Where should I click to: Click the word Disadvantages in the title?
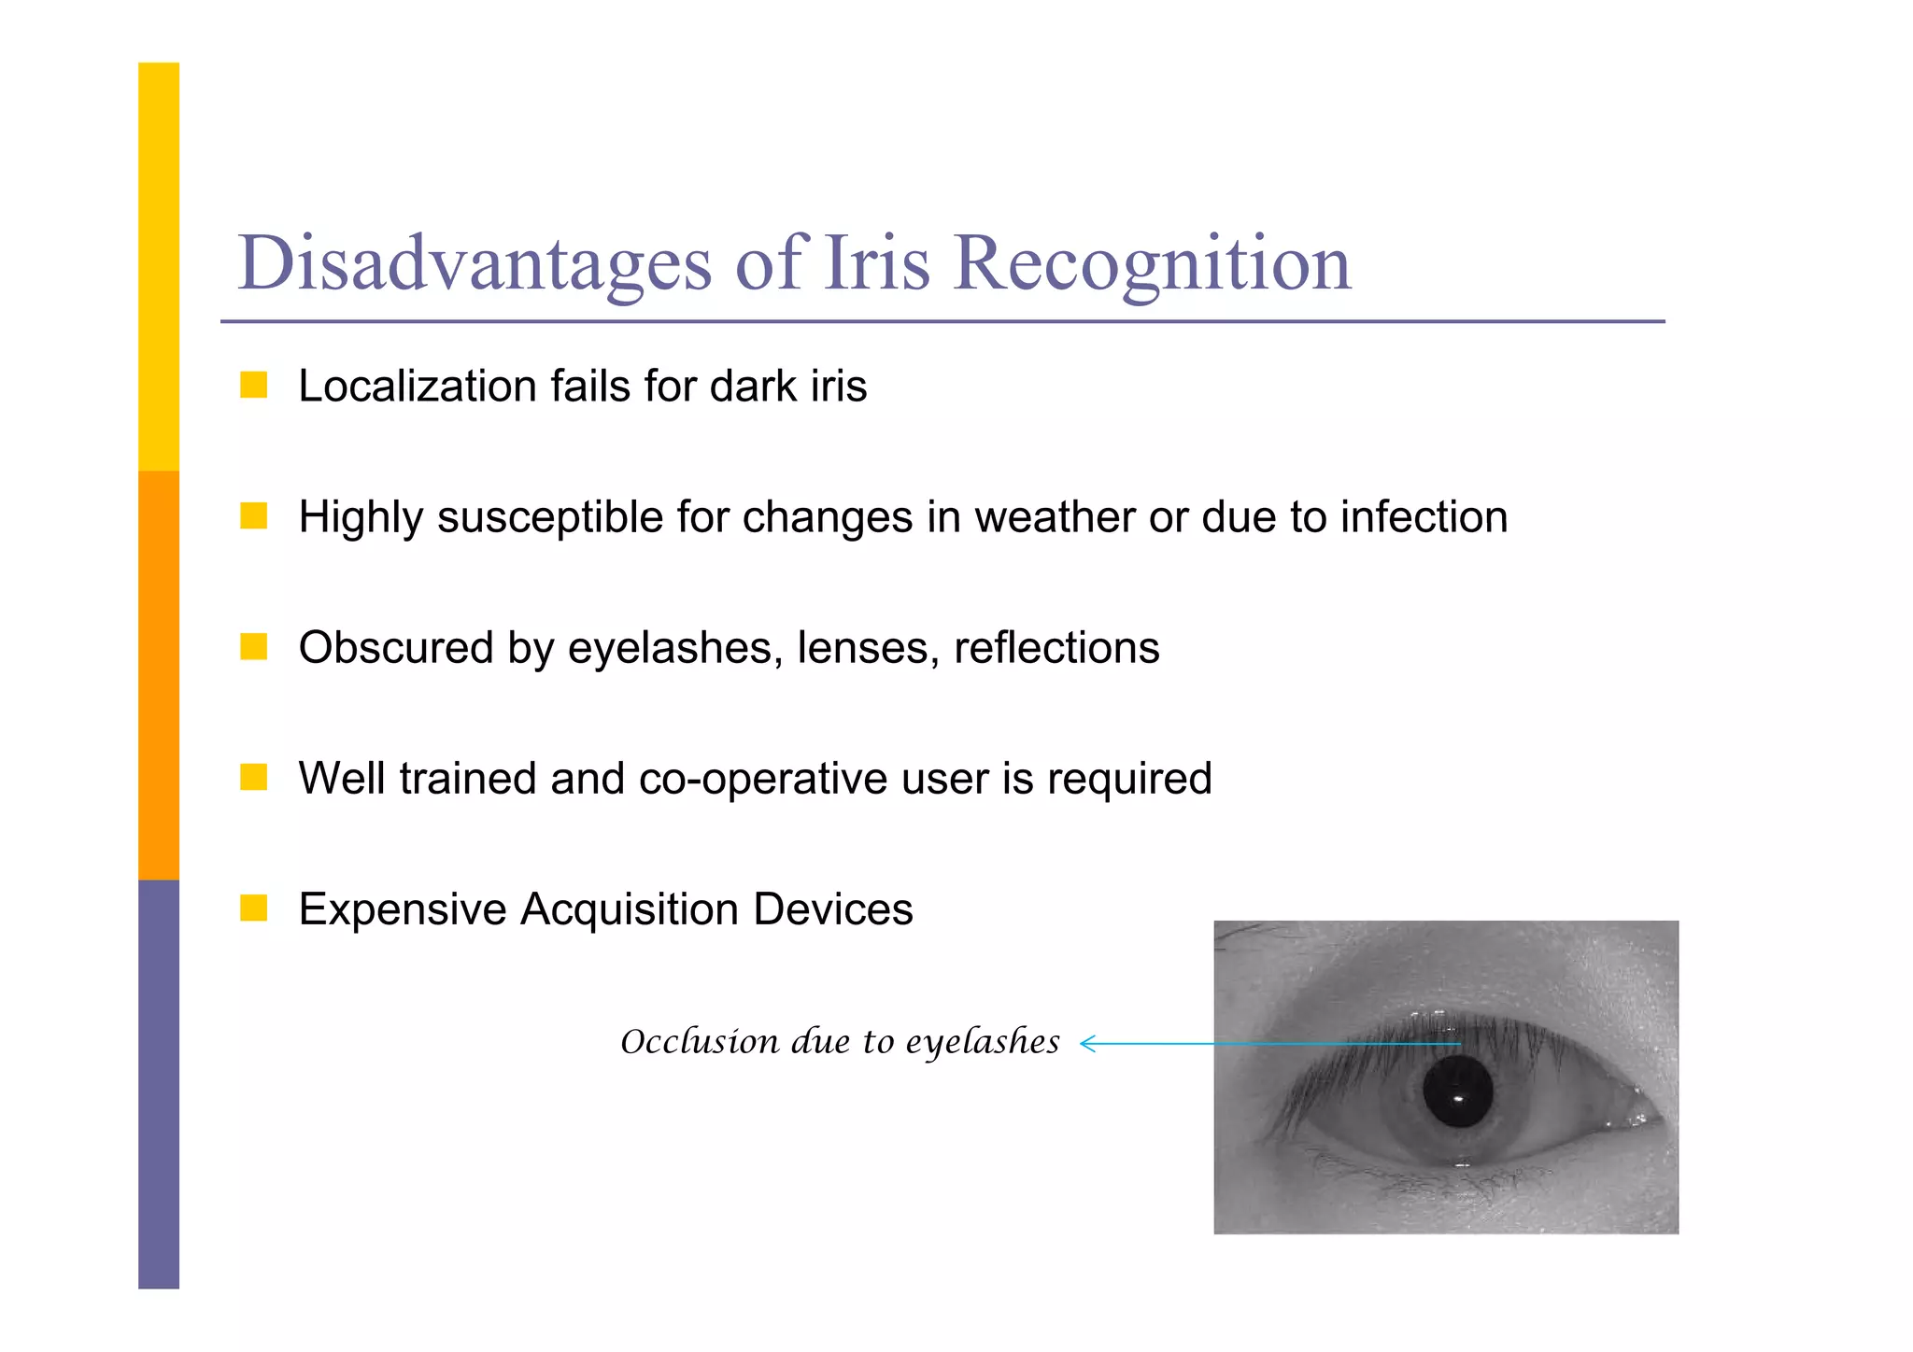pos(475,264)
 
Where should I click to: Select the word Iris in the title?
pos(877,264)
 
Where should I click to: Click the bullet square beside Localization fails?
pos(253,385)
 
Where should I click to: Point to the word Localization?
pos(417,387)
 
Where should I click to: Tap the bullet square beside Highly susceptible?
pos(253,515)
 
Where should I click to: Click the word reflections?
pos(1056,648)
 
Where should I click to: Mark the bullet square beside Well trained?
pos(253,777)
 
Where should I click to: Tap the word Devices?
pos(832,909)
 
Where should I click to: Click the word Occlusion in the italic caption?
pos(700,1041)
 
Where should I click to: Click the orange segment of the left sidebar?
pos(159,675)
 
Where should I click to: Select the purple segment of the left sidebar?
pos(159,1083)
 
